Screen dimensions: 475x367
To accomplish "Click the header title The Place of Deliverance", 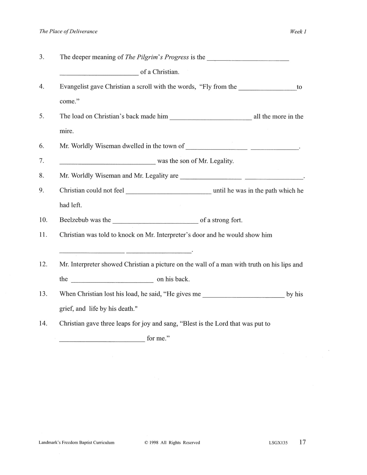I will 68,31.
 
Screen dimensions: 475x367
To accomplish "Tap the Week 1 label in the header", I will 298,31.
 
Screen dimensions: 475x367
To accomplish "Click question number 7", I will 42,161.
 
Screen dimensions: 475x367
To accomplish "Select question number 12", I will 43,264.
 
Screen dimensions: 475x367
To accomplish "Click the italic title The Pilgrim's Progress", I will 157,57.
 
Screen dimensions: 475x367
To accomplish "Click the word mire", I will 66,131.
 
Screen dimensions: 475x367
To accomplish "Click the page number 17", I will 302,442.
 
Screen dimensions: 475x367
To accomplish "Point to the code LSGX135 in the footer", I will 278,443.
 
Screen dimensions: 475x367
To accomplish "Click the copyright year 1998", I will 154,443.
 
